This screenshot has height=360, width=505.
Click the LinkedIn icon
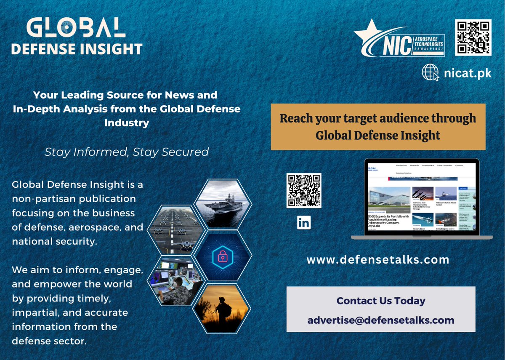point(304,222)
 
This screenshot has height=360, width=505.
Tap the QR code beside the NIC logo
point(473,37)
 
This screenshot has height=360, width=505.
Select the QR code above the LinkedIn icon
point(304,190)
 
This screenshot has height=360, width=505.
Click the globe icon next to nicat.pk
point(430,72)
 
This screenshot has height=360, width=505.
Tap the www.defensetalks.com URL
point(378,259)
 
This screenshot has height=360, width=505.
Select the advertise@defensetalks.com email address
point(381,320)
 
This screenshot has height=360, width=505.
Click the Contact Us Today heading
point(381,301)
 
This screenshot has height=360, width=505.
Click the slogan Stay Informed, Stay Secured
point(127,152)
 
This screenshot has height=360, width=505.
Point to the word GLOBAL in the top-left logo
point(76,28)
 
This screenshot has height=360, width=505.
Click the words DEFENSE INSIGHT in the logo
point(77,49)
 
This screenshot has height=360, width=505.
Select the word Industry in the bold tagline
point(127,123)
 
